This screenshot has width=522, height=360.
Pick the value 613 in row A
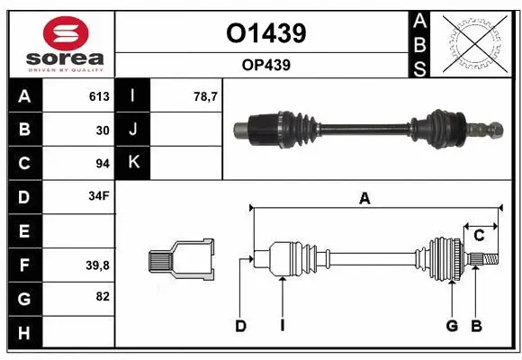coord(98,96)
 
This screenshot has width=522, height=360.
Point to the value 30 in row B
coord(102,130)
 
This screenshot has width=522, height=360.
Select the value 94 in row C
coord(102,164)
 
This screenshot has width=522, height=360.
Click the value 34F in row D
coord(98,196)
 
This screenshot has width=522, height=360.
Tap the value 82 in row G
coord(102,295)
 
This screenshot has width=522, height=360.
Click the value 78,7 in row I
coord(206,96)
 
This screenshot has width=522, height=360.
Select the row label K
coord(133,164)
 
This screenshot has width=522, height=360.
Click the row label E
coord(23,230)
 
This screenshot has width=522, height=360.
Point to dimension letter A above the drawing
coord(364,199)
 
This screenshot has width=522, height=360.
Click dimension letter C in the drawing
coord(479,236)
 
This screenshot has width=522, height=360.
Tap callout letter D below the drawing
coord(240,326)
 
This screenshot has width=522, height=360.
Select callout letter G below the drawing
coord(452,326)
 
